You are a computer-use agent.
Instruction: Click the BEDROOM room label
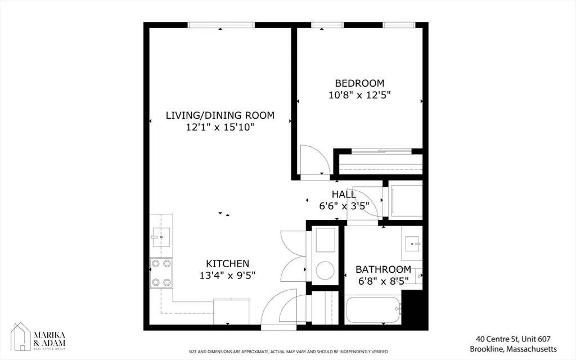point(359,83)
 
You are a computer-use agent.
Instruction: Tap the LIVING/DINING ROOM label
point(220,115)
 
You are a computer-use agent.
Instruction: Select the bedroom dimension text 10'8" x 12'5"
point(359,95)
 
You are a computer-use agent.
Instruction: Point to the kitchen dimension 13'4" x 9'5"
point(227,276)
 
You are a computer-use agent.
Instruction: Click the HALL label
point(343,194)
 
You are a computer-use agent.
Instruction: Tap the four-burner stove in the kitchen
point(161,273)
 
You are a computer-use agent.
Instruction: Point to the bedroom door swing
point(313,161)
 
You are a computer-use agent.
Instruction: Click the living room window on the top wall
point(220,25)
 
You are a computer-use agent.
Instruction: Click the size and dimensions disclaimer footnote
point(288,351)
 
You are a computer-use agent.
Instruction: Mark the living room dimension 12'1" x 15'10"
point(220,128)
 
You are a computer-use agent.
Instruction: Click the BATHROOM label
point(383,269)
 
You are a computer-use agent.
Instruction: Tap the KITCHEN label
point(227,263)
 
